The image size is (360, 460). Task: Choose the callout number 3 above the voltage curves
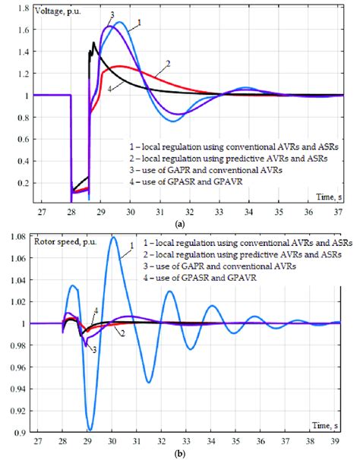tap(112, 14)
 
